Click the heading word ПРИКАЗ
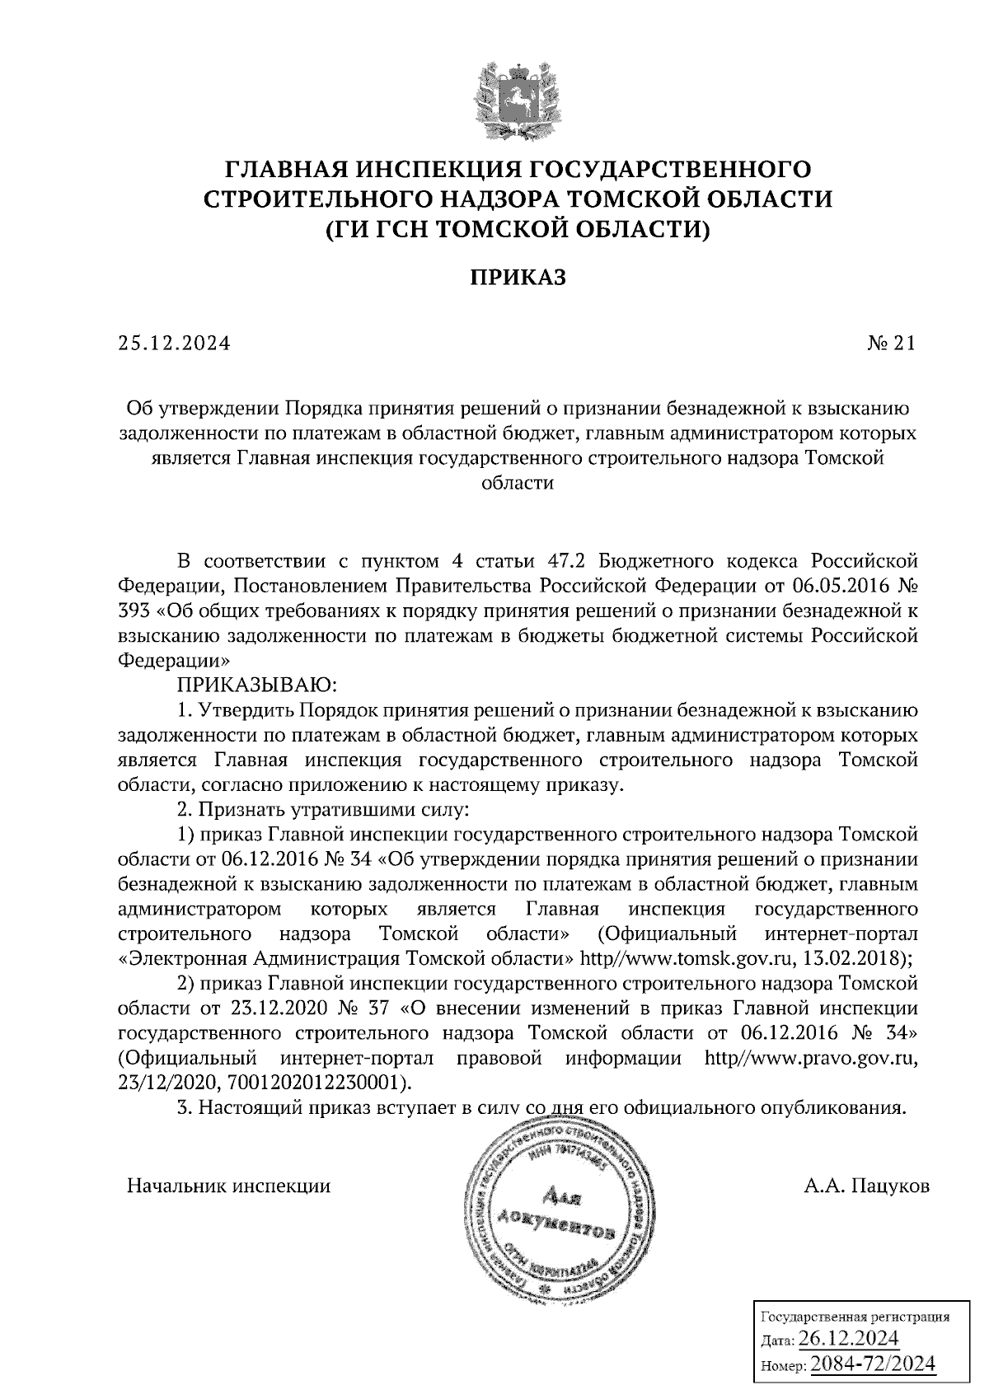518,278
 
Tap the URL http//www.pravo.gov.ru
811,1058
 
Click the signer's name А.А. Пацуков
867,1187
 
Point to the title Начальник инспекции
228,1187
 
